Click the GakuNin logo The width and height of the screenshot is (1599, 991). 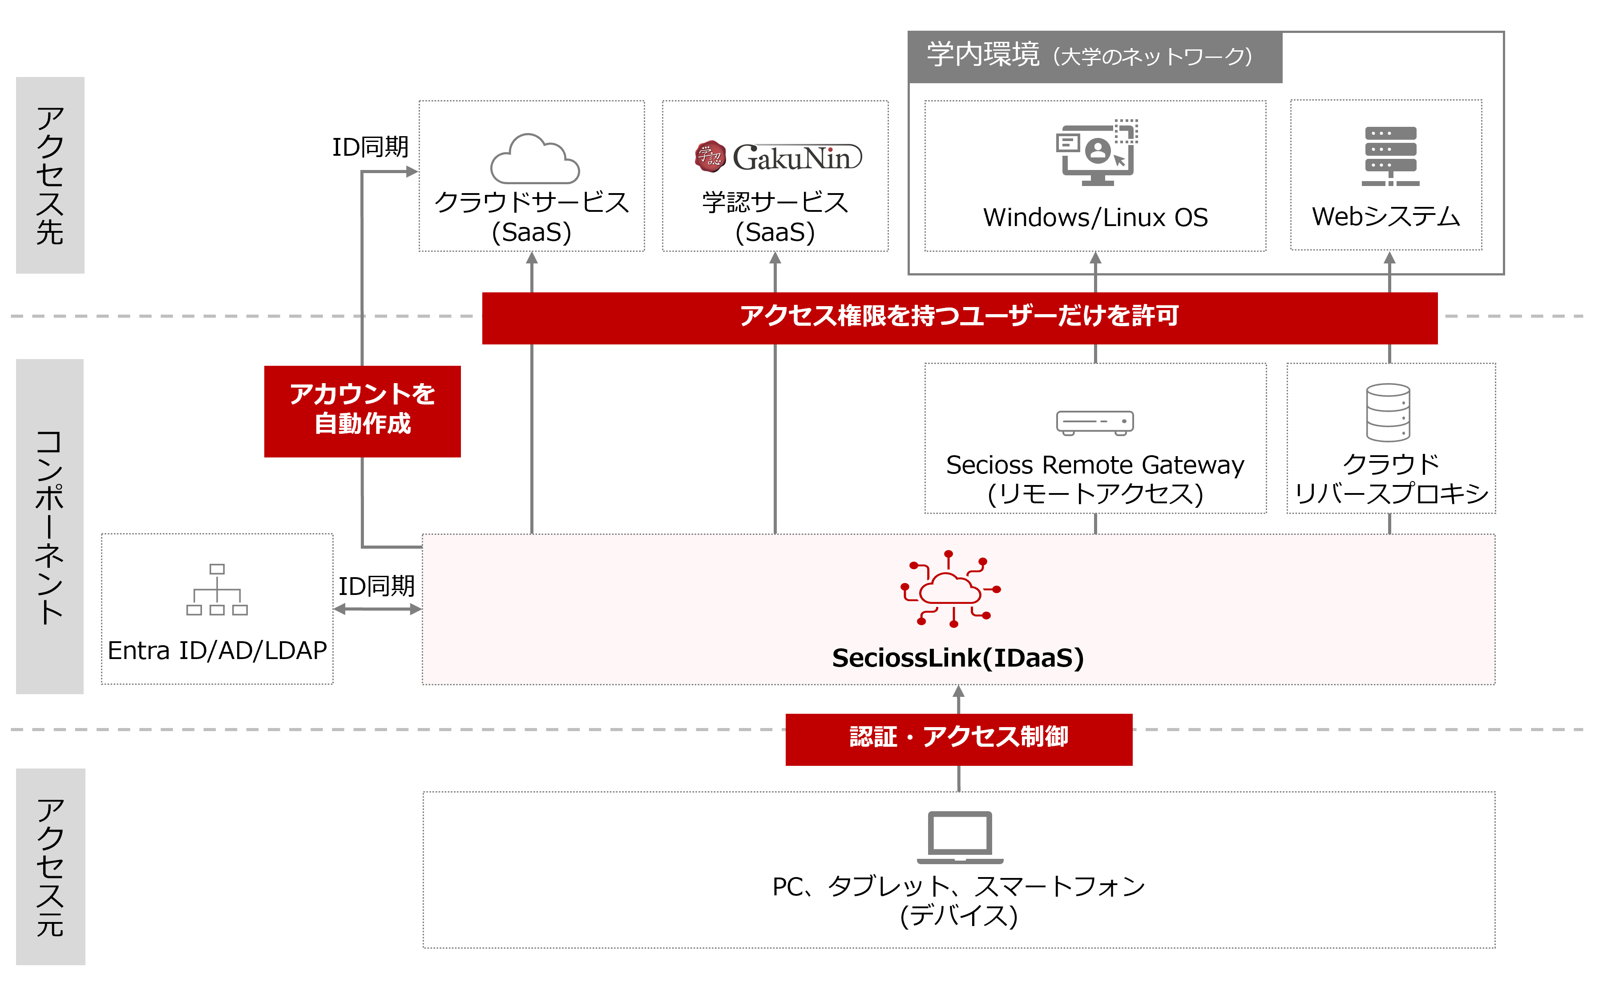point(778,157)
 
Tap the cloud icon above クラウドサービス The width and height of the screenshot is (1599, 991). point(535,159)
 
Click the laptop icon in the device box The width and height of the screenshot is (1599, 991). point(960,837)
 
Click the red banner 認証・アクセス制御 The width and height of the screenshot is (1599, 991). point(959,739)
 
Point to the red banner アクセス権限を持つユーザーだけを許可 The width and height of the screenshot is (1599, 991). point(959,318)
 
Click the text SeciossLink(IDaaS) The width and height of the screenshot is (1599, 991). point(958,657)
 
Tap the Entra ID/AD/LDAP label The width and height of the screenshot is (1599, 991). point(217,650)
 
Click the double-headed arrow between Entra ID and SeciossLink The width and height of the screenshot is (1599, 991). point(377,609)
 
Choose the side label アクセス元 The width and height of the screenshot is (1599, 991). point(50,866)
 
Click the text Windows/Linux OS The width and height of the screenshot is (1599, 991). point(1095,218)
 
